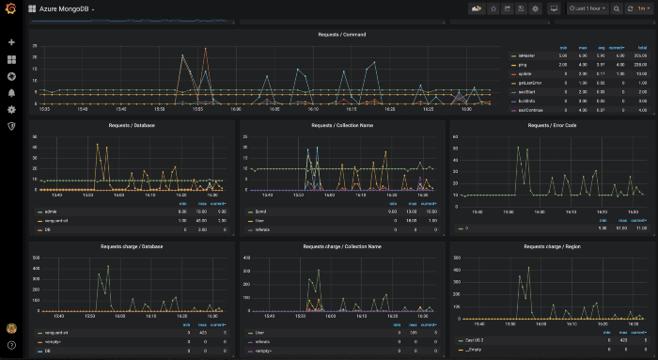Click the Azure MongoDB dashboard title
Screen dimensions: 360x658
tap(65, 8)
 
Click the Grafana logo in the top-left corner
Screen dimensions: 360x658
tap(11, 9)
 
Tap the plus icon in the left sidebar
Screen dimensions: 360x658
tap(11, 42)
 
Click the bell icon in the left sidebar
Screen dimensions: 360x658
tap(11, 93)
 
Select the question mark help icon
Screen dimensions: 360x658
tap(11, 345)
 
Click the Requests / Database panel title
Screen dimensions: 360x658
tap(132, 124)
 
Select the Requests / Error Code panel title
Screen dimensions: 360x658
tap(551, 124)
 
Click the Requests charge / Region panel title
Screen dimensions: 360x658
tap(551, 246)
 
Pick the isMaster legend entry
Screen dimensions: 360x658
tap(526, 55)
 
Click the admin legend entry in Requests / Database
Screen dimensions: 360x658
tap(50, 211)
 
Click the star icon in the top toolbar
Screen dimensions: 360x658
tap(494, 8)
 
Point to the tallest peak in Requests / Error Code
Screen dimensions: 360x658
tap(517, 147)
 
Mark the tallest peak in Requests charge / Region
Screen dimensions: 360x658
tap(528, 267)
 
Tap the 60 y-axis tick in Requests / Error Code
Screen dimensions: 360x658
tap(456, 136)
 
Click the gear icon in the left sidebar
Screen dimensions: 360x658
tap(11, 109)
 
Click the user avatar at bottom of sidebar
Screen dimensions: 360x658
tap(11, 328)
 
